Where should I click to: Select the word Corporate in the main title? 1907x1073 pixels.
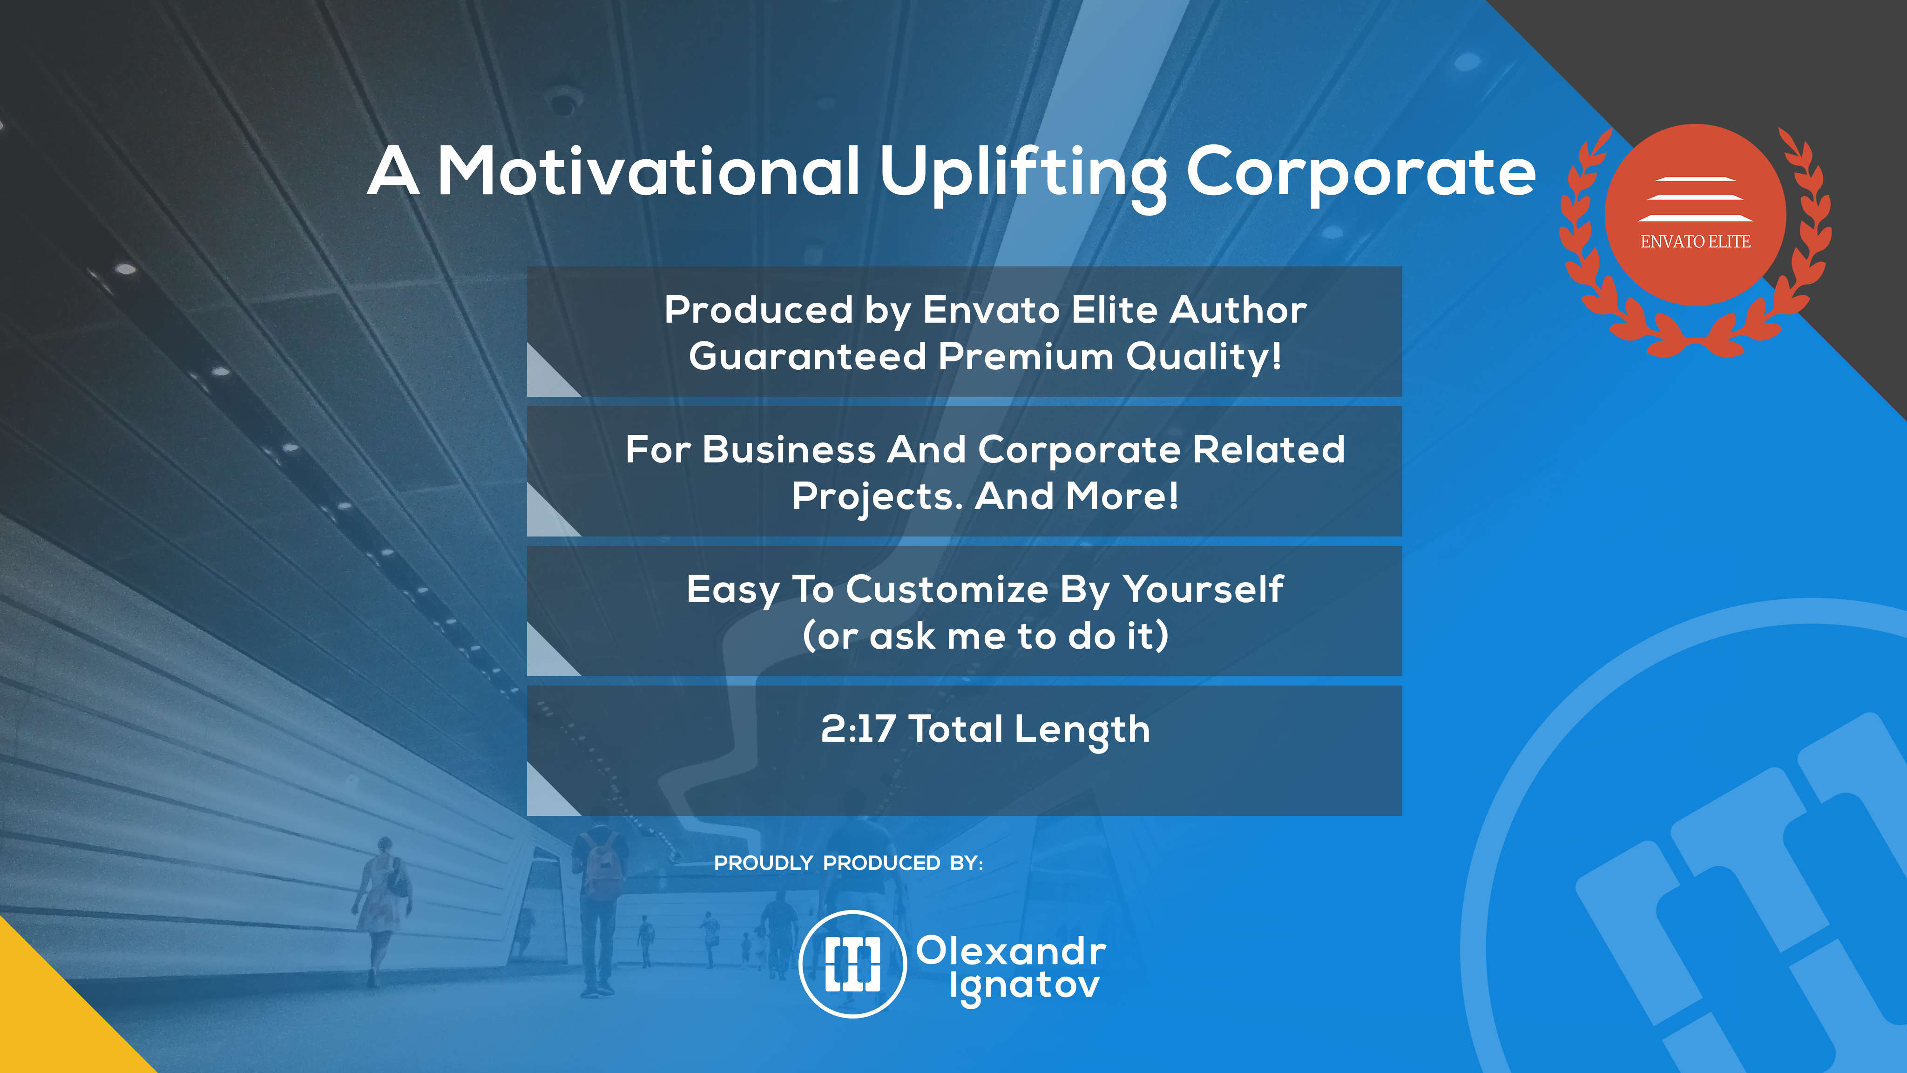pyautogui.click(x=1361, y=172)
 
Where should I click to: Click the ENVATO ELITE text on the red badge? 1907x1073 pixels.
pyautogui.click(x=1695, y=241)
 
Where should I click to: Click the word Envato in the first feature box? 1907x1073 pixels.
pyautogui.click(x=991, y=310)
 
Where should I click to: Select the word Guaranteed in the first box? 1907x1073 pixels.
pyautogui.click(x=808, y=356)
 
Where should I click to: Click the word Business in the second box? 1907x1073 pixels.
pyautogui.click(x=789, y=449)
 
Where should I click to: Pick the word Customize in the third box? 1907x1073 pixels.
pyautogui.click(x=947, y=590)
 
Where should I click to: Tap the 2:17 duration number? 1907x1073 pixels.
pyautogui.click(x=858, y=729)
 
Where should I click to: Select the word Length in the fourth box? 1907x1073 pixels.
pyautogui.click(x=1082, y=731)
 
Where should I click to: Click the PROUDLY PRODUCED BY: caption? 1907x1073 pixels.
pyautogui.click(x=848, y=863)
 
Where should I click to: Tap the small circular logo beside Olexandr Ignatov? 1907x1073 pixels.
pyautogui.click(x=853, y=964)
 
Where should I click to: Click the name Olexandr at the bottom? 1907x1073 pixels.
pyautogui.click(x=1011, y=951)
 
